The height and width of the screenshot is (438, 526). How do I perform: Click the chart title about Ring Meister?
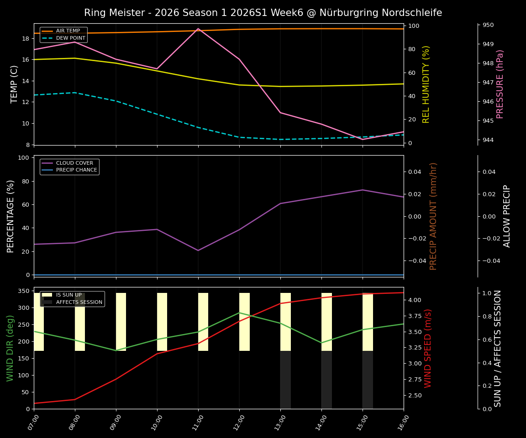[263, 13]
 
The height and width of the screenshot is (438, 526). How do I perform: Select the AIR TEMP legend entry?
[68, 31]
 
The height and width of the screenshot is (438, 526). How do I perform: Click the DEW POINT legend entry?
[70, 38]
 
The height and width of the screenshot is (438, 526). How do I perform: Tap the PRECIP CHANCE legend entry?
[76, 170]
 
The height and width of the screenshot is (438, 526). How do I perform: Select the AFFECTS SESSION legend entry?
[79, 302]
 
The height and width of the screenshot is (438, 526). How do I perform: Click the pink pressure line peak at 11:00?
[198, 29]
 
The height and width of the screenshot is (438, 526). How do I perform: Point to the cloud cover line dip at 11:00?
[198, 250]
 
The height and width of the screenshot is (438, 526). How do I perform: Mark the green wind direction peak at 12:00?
[239, 313]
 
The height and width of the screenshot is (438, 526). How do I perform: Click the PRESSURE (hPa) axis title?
[500, 84]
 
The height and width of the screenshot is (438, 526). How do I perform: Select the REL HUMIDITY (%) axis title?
[426, 84]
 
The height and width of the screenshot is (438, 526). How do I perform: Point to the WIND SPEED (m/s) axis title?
[428, 348]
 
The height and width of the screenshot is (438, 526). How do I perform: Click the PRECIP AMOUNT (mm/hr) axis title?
[433, 216]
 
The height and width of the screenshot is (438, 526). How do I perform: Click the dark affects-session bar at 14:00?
[326, 380]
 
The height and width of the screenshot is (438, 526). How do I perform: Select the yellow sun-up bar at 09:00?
[121, 322]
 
